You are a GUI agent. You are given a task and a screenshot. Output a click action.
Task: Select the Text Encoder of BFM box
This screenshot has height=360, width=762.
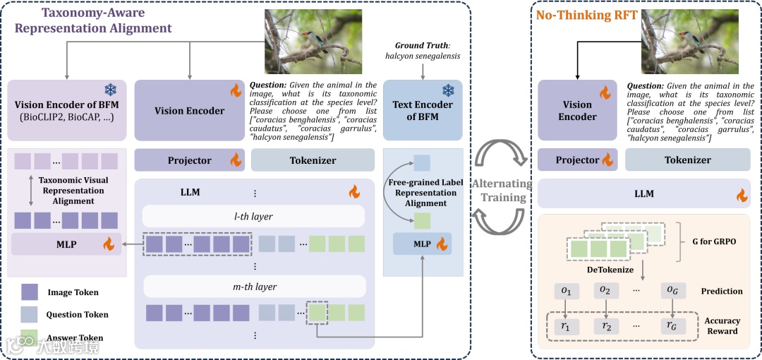tap(422, 110)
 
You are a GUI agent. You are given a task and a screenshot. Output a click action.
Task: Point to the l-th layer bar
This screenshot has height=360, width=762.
tap(253, 216)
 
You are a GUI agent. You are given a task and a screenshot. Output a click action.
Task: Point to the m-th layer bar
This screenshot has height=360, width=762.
tap(253, 287)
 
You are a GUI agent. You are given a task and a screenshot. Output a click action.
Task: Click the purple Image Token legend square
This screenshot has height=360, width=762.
tap(30, 292)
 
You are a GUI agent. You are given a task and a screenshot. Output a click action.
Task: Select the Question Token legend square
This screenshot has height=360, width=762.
tap(30, 314)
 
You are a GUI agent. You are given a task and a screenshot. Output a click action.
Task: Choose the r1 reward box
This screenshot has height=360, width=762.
tap(566, 326)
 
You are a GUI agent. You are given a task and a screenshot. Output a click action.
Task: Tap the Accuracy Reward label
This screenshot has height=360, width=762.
tap(722, 326)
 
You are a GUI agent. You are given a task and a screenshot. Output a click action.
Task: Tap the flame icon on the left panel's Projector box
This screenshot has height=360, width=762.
tap(235, 160)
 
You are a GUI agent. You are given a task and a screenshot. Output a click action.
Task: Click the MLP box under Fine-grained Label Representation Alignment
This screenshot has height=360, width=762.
tap(422, 244)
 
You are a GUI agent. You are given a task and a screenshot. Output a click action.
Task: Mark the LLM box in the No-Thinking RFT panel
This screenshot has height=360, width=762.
tap(643, 194)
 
